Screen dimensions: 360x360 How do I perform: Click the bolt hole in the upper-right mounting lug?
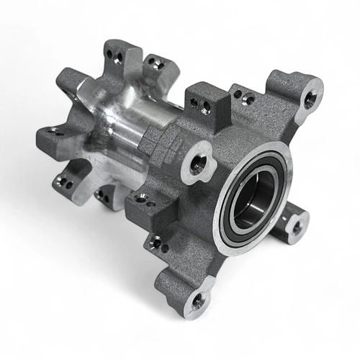tap(310, 99)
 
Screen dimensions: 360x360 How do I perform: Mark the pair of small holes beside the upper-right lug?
tap(247, 97)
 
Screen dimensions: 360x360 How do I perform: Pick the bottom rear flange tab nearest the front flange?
tap(104, 196)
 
